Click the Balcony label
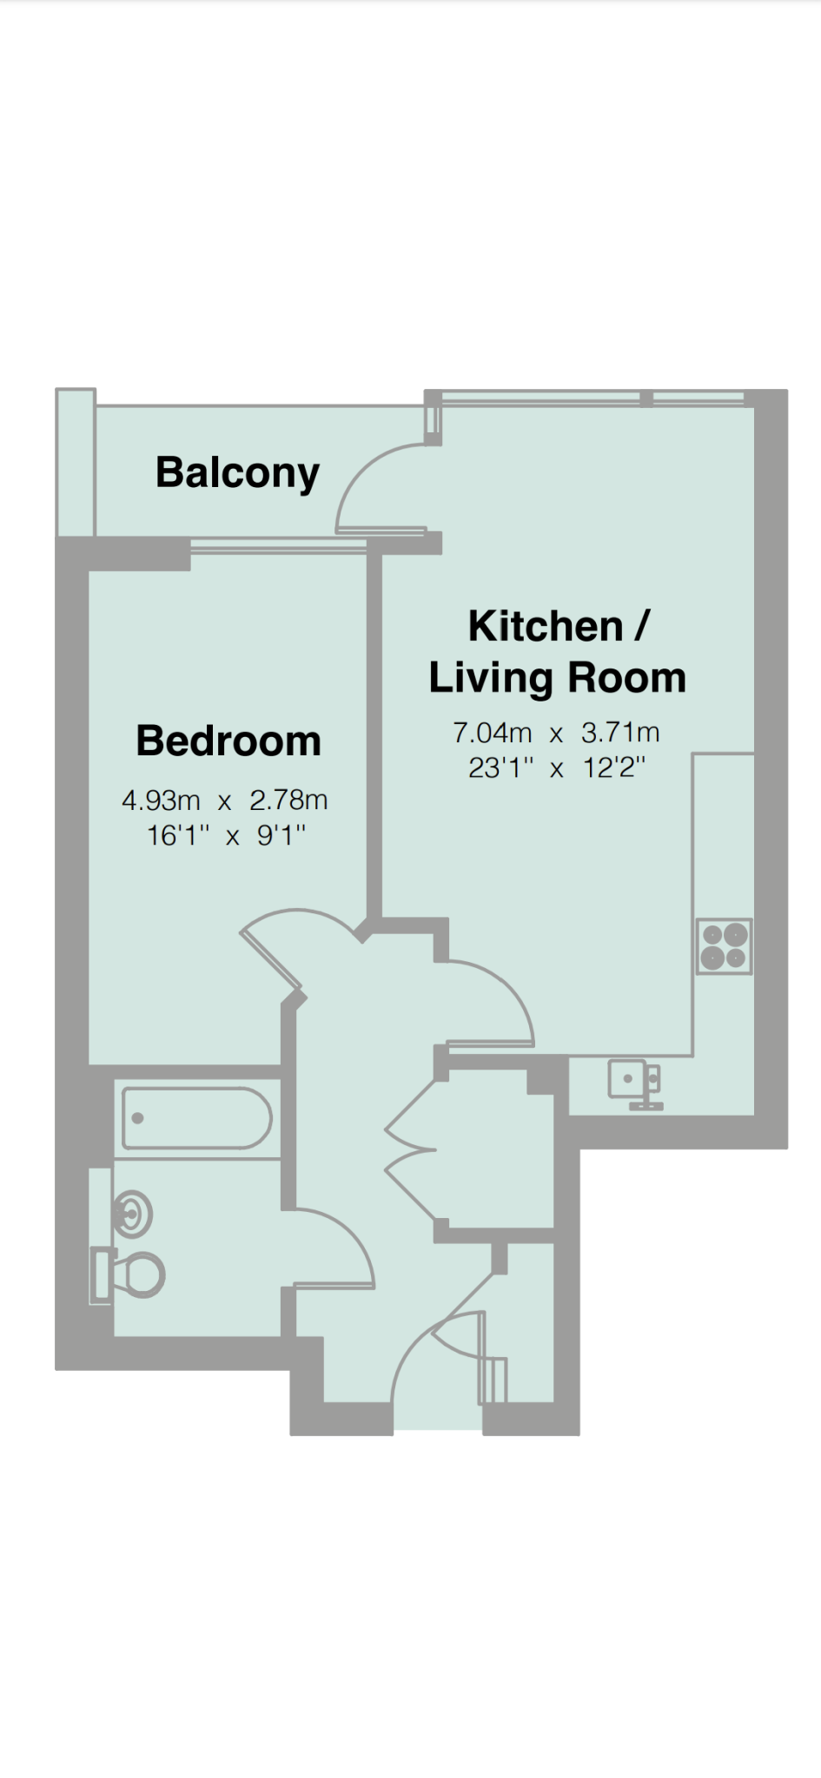tap(237, 473)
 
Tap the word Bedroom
tap(228, 741)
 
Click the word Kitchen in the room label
tap(546, 626)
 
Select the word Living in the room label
tap(491, 678)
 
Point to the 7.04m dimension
tap(492, 733)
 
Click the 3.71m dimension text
tap(620, 733)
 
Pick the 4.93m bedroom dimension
tap(161, 800)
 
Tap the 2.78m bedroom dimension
tap(288, 800)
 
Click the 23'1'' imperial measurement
tap(500, 768)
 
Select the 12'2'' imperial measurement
tap(613, 768)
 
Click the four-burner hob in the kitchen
tap(725, 946)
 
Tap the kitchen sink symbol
tap(635, 1083)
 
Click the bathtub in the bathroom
tap(197, 1118)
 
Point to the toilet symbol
tap(129, 1275)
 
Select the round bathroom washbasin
tap(133, 1214)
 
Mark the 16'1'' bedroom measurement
tap(178, 836)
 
